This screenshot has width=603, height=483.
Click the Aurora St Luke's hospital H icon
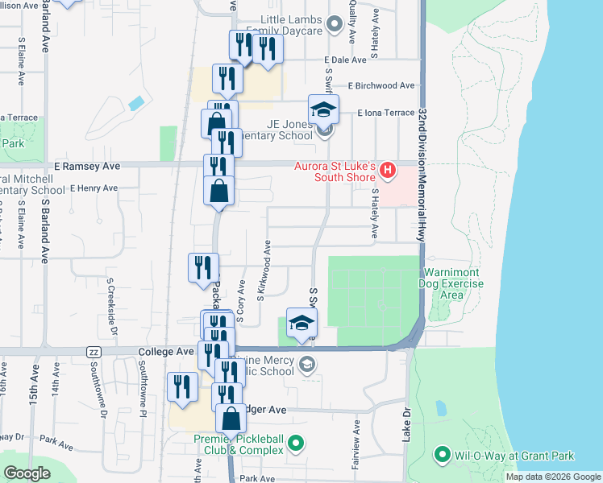click(x=388, y=171)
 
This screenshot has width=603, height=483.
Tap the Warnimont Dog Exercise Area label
click(x=451, y=284)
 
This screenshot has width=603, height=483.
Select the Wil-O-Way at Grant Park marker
click(x=442, y=456)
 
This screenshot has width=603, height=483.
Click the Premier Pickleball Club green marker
click(x=296, y=442)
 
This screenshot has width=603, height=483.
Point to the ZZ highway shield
click(x=94, y=353)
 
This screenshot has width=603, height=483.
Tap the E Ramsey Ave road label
click(x=87, y=166)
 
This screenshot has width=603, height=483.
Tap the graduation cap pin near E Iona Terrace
click(x=323, y=109)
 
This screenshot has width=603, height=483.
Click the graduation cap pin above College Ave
click(x=301, y=324)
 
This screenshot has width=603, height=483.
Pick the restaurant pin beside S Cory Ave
click(x=204, y=267)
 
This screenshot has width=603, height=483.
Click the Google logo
click(x=27, y=473)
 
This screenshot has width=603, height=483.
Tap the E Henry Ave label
click(x=94, y=188)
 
